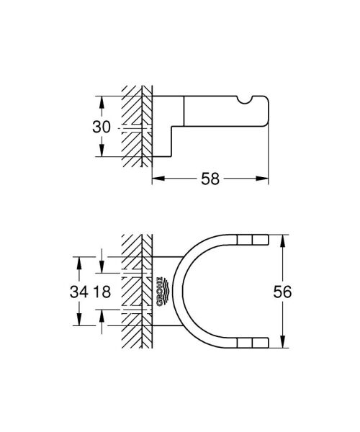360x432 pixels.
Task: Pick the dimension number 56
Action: (305, 292)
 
